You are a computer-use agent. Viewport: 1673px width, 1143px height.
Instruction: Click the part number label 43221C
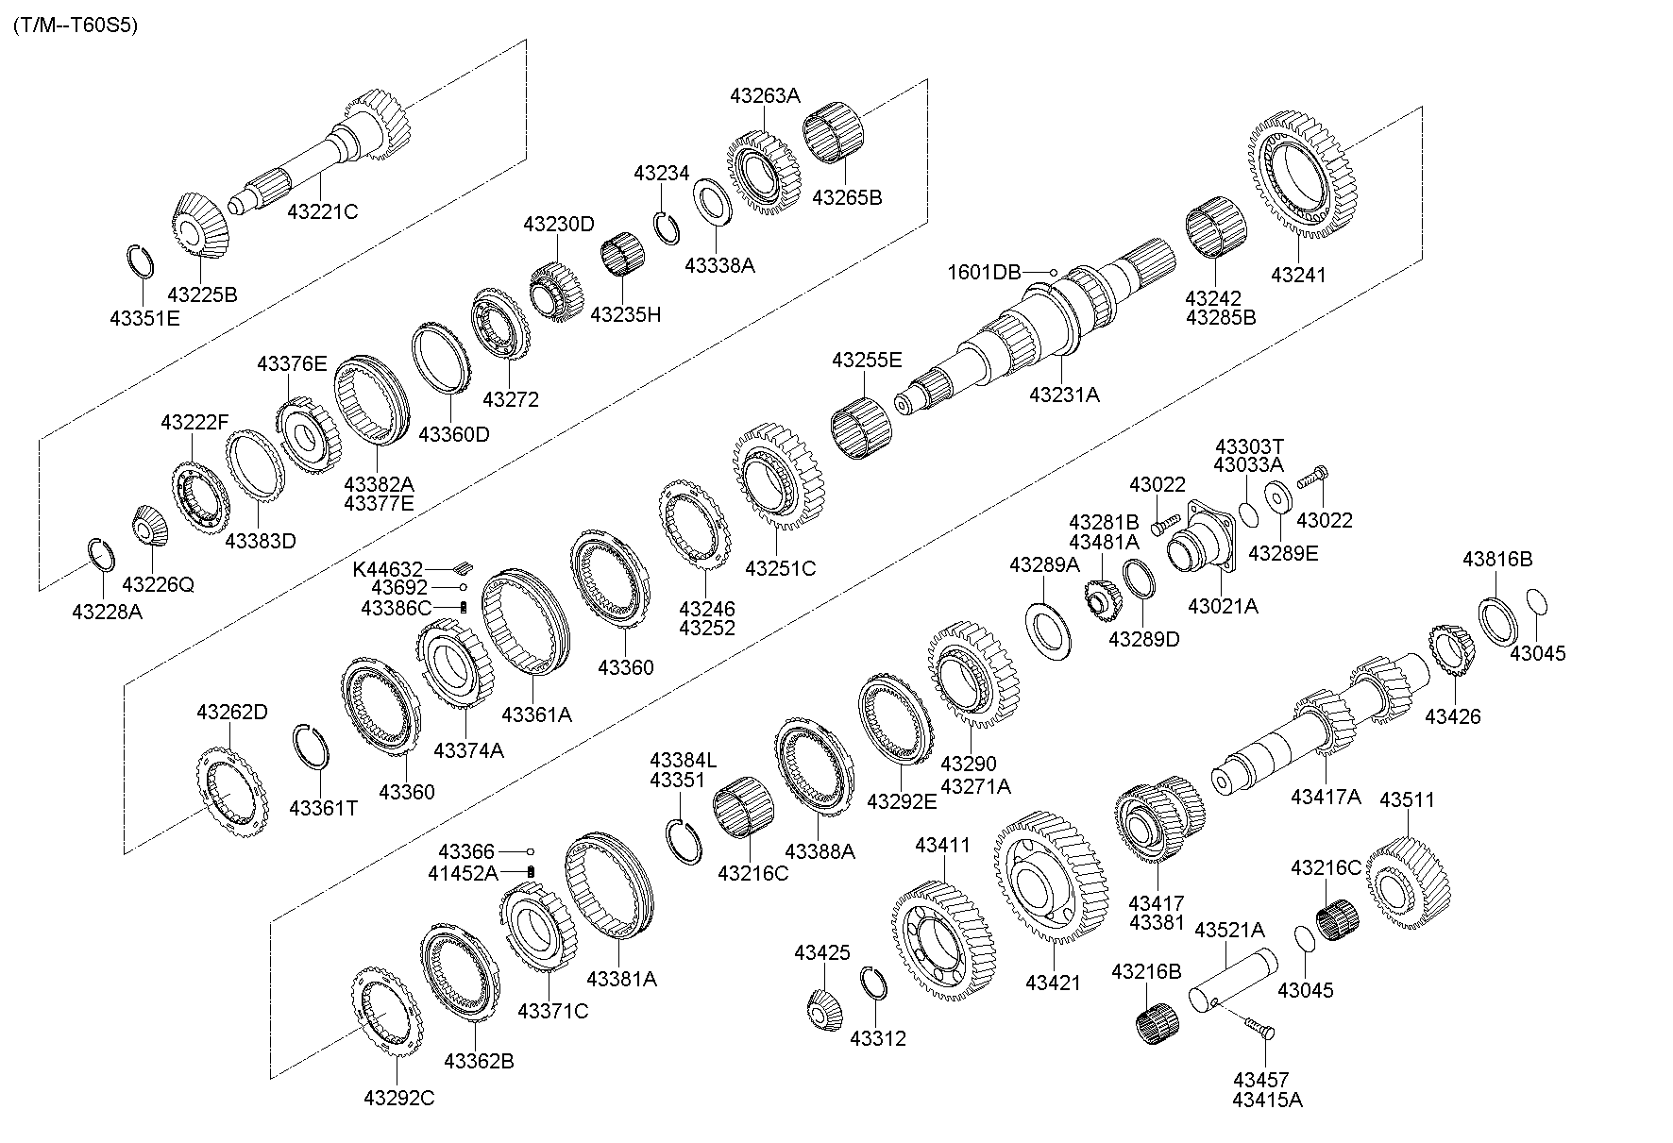pyautogui.click(x=322, y=211)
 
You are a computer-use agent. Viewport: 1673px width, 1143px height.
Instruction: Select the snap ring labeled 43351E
pyautogui.click(x=141, y=261)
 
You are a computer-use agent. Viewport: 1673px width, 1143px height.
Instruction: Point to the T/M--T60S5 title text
pyautogui.click(x=76, y=25)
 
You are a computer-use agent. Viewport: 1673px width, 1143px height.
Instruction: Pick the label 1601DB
pyautogui.click(x=985, y=273)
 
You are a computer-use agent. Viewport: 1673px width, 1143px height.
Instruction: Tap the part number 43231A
pyautogui.click(x=1064, y=395)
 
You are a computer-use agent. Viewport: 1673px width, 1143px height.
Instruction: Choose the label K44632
pyautogui.click(x=387, y=569)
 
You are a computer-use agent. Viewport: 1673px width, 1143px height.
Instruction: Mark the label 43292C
pyautogui.click(x=398, y=1098)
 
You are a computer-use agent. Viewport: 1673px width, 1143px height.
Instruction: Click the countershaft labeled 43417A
pyautogui.click(x=1322, y=727)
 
